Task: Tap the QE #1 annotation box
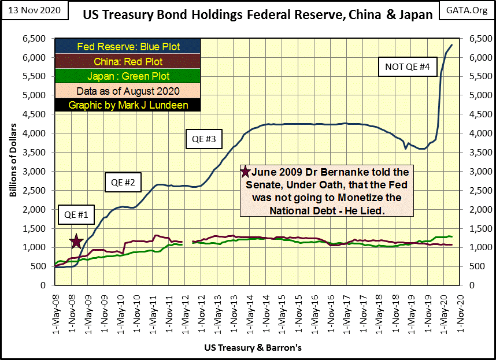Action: click(75, 216)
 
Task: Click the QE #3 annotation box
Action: click(203, 139)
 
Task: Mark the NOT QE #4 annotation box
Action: click(408, 66)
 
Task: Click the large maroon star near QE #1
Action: click(76, 241)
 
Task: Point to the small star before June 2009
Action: click(245, 172)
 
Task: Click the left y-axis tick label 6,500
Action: click(34, 39)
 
